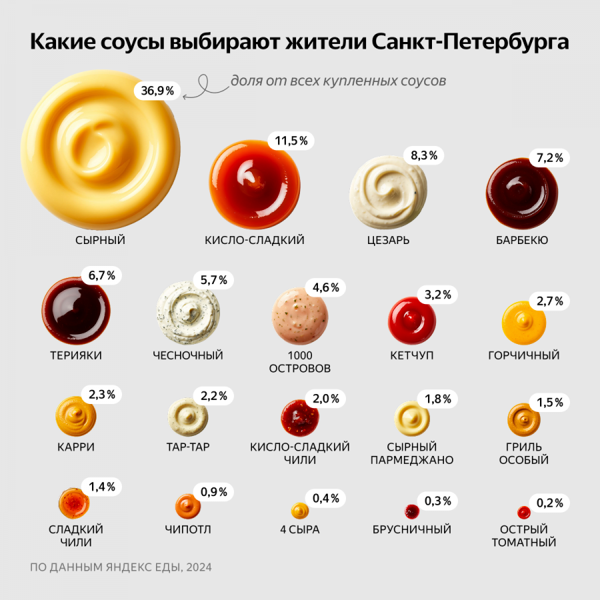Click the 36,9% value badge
click(x=157, y=91)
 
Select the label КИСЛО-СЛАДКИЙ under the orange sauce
click(x=255, y=240)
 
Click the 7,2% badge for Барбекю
click(x=550, y=158)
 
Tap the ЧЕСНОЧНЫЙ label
click(x=187, y=355)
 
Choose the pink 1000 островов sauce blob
click(x=300, y=316)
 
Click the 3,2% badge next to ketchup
click(x=438, y=294)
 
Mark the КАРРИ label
click(x=76, y=447)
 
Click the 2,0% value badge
click(x=326, y=399)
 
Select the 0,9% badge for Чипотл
click(x=214, y=492)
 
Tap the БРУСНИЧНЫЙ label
click(x=412, y=529)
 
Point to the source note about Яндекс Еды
click(x=121, y=567)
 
